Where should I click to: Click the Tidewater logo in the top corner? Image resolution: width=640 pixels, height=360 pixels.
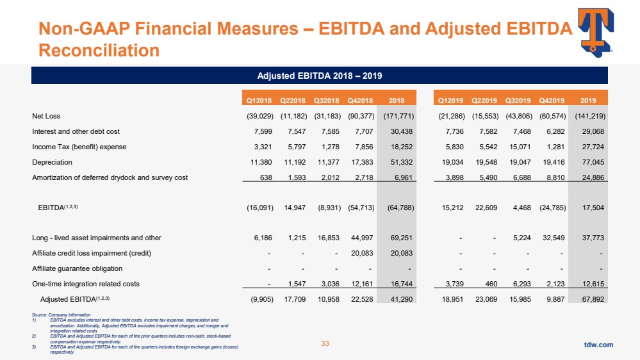595,31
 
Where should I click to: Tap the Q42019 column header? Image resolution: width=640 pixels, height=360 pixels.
552,100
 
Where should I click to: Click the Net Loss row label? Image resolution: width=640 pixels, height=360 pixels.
46,116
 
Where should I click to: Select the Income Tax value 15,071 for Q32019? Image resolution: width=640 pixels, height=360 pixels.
518,147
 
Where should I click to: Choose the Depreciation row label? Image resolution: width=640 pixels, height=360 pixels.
53,162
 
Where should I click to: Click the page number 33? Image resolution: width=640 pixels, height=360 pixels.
325,344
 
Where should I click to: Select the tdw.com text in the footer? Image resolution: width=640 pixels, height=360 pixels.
598,345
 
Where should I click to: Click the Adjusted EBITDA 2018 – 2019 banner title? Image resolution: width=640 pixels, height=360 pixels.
320,76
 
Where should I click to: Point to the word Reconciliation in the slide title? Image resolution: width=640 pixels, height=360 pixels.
99,49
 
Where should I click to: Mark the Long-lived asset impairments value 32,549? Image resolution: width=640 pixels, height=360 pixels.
552,238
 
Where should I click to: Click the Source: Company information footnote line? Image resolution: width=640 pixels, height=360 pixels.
61,315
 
